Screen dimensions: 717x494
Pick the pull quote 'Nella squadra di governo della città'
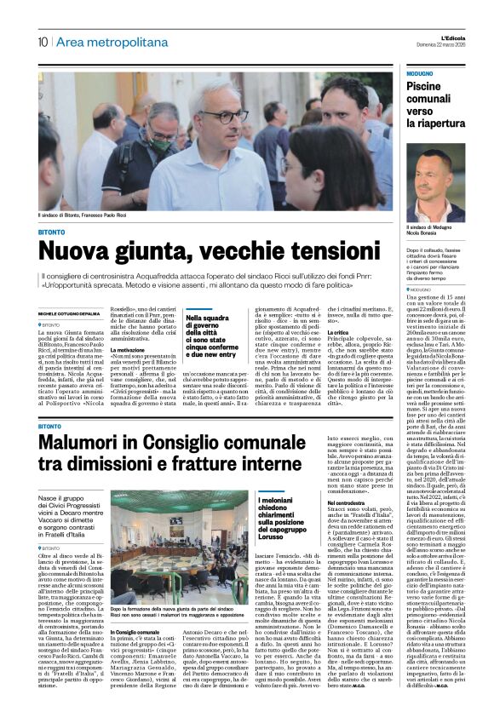[x=209, y=338]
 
